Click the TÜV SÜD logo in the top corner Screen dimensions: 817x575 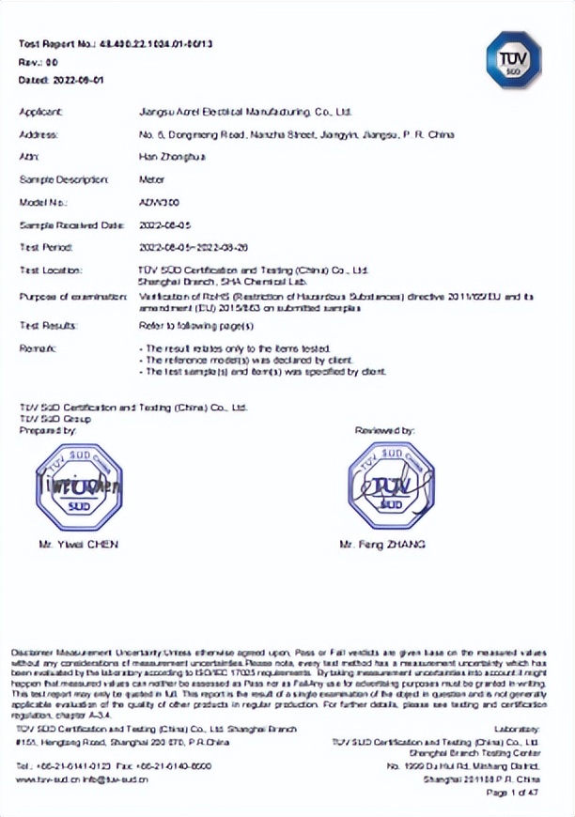click(x=510, y=56)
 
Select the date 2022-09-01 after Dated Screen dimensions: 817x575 click(x=76, y=80)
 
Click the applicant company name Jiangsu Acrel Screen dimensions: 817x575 click(x=245, y=112)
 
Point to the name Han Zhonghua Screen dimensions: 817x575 click(x=164, y=157)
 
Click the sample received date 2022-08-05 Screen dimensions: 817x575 click(x=164, y=225)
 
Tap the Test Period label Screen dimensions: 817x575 click(x=46, y=247)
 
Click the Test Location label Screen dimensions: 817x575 click(x=50, y=270)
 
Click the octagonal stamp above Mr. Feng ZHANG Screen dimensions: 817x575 click(x=389, y=485)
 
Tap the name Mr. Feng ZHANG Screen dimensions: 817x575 click(x=382, y=544)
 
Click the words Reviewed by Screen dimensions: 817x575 click(x=384, y=430)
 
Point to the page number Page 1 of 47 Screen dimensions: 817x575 click(x=512, y=794)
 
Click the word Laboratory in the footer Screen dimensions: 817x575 click(x=517, y=729)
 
